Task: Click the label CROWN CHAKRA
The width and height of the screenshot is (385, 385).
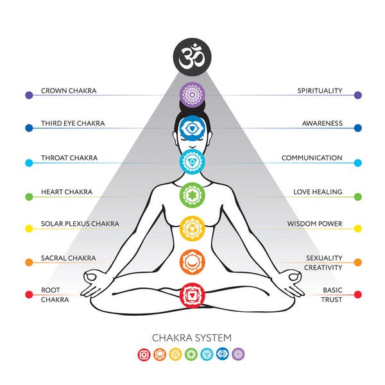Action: pyautogui.click(x=69, y=91)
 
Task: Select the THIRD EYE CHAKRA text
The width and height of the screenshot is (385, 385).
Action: pyautogui.click(x=73, y=123)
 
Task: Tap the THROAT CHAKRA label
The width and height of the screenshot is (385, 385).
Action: pyautogui.click(x=67, y=158)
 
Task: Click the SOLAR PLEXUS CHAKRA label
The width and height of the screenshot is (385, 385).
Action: pyautogui.click(x=80, y=224)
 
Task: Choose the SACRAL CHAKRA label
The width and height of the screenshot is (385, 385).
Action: pyautogui.click(x=68, y=257)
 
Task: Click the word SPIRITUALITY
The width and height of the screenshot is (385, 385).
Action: pyautogui.click(x=320, y=91)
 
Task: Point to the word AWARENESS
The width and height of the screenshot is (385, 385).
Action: pyautogui.click(x=322, y=123)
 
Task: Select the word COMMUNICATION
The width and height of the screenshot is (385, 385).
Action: pyautogui.click(x=312, y=158)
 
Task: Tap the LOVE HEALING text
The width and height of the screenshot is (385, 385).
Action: pyautogui.click(x=318, y=192)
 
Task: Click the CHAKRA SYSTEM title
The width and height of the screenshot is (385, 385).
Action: pyautogui.click(x=192, y=338)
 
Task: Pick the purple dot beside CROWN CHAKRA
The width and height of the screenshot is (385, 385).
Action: pyautogui.click(x=28, y=95)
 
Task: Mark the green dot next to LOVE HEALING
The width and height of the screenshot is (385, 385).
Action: pyautogui.click(x=357, y=196)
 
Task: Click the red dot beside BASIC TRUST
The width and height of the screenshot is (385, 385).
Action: pyautogui.click(x=357, y=295)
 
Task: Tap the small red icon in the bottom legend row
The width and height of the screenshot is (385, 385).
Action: pyautogui.click(x=144, y=354)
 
